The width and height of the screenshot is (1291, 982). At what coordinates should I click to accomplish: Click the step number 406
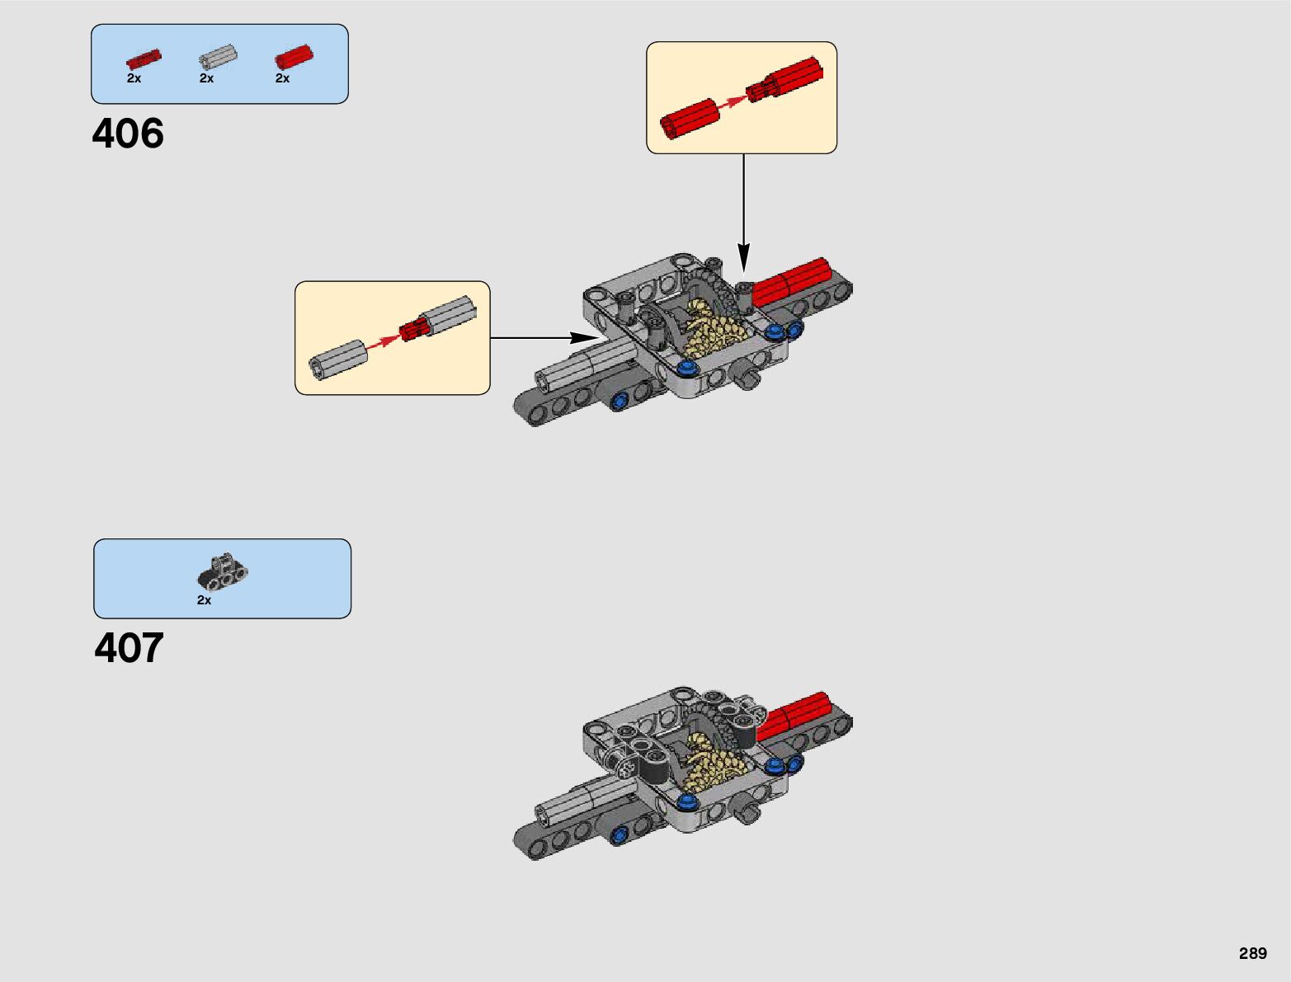(128, 134)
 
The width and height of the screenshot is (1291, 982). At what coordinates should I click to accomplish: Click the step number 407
(129, 648)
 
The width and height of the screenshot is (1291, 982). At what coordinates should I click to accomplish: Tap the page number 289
(1252, 953)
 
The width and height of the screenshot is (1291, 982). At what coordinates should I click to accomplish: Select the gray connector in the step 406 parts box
(218, 59)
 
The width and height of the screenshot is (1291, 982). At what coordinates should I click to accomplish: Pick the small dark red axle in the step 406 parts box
(144, 59)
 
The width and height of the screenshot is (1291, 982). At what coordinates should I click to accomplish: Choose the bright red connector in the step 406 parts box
(294, 57)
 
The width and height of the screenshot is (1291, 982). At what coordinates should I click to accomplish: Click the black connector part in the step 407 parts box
(223, 573)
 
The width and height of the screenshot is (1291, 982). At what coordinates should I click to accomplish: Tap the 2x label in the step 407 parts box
(204, 600)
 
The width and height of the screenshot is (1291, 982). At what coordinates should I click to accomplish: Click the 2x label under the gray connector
(206, 78)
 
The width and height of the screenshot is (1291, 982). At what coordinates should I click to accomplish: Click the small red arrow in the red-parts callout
(733, 102)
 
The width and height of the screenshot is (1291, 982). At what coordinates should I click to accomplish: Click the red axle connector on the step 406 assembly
(791, 283)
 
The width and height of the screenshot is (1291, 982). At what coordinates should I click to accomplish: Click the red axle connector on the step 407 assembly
(793, 715)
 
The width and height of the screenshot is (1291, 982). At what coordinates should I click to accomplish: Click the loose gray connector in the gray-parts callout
(338, 359)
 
